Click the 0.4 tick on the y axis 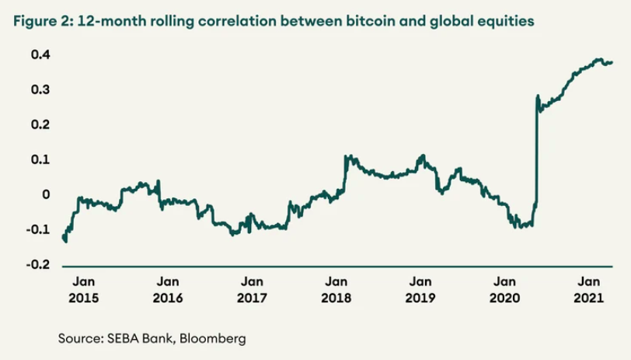[x=42, y=54]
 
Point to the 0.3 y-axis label [x=42, y=89]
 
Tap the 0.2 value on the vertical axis [x=42, y=124]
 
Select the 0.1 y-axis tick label [x=42, y=159]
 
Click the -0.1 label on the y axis [x=40, y=230]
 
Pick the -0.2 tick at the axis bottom [x=40, y=265]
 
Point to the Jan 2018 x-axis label [x=336, y=289]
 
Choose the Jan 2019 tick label [x=420, y=289]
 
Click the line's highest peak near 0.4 [x=598, y=59]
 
